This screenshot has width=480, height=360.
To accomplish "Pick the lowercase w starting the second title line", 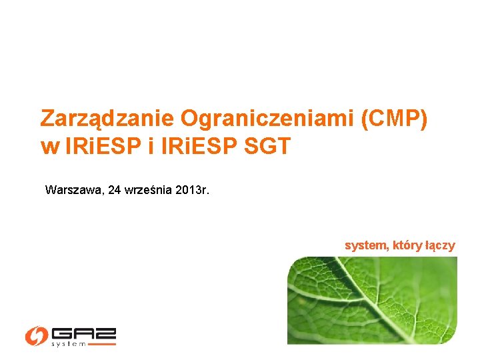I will click(49, 147).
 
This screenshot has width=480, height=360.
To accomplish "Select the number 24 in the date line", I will click(114, 190).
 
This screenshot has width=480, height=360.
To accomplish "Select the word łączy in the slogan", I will click(440, 245).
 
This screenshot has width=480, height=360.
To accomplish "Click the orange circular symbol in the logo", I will click(36, 335).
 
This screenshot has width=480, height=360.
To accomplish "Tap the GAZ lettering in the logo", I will click(83, 333).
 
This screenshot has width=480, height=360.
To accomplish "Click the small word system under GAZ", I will click(69, 344).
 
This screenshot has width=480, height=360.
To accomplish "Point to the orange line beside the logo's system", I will click(102, 344).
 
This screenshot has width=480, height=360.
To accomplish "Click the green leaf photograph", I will click(372, 300).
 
